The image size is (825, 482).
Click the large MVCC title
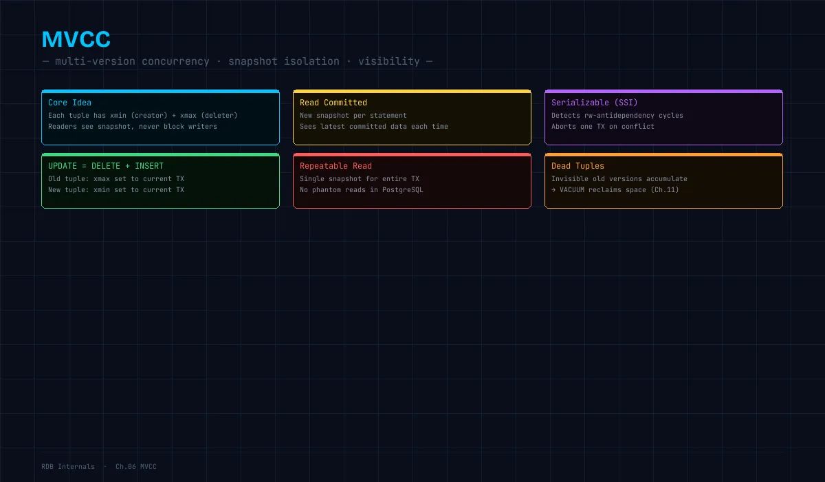[76, 39]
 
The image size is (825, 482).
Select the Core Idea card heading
[69, 103]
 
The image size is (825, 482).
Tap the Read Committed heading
[333, 103]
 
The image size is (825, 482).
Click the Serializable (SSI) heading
[594, 103]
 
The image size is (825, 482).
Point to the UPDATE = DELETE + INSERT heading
[106, 166]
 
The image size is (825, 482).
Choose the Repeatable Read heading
[335, 166]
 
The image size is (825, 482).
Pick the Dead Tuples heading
[577, 166]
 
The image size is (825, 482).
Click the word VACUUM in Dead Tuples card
[572, 190]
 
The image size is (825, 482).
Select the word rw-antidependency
[619, 116]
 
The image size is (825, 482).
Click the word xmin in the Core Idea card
[118, 116]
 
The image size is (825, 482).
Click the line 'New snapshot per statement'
[353, 116]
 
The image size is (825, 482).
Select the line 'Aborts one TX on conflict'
[602, 127]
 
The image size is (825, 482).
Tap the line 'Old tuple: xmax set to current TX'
[116, 179]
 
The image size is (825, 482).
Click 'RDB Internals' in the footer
[68, 467]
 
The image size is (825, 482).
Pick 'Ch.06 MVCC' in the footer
[136, 467]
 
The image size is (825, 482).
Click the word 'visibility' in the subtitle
[389, 61]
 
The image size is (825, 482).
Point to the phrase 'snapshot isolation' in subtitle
[283, 61]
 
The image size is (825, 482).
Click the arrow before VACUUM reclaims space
[553, 190]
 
